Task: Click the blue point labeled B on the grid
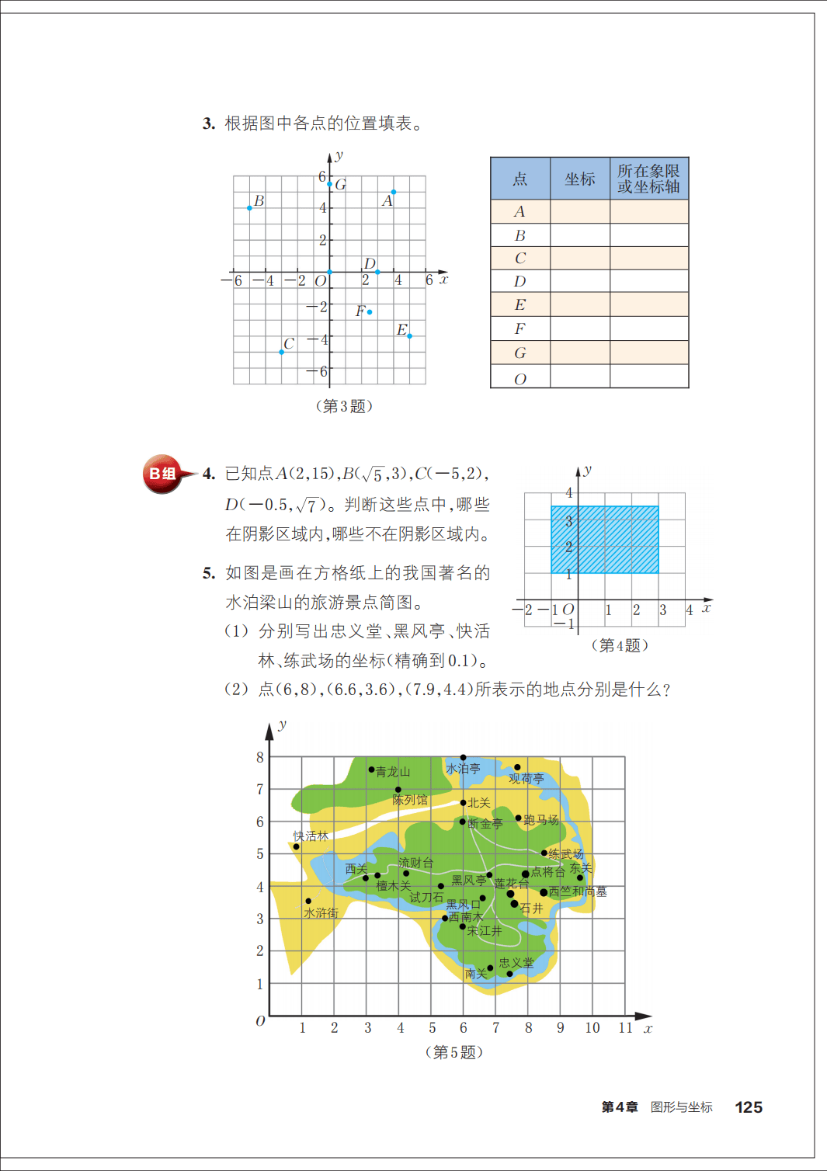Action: coord(249,208)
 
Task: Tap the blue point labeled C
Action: coord(281,353)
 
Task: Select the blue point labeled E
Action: coord(410,336)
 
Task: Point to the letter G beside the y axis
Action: coord(341,185)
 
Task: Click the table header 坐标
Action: coord(580,179)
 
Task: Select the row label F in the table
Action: coord(519,329)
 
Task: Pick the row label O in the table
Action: coord(519,379)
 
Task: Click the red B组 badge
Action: coord(162,474)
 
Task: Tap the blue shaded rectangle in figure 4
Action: coord(605,540)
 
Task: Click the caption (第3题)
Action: coord(344,406)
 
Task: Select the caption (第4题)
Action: coord(619,645)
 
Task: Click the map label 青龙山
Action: coord(393,772)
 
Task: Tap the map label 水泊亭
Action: coord(464,769)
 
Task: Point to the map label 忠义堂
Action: coord(516,963)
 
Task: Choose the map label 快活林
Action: coord(311,836)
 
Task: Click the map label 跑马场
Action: coord(541,820)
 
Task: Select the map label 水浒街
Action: coord(321,913)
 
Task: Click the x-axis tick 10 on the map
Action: coord(592,1028)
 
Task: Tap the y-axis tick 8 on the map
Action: coord(260,757)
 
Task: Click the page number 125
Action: coord(749,1107)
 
